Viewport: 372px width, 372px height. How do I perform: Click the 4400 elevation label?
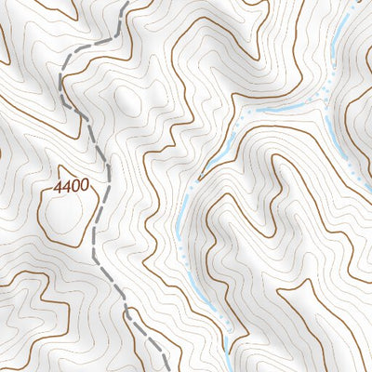(x=72, y=186)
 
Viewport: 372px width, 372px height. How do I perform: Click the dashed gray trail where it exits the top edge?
(x=125, y=3)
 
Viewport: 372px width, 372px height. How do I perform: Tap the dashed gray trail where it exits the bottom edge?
(x=167, y=369)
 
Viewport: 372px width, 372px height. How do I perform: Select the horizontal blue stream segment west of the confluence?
(x=279, y=110)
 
